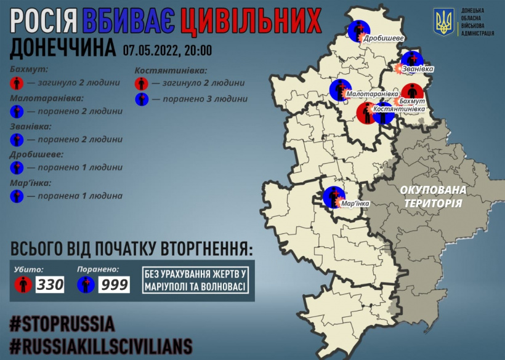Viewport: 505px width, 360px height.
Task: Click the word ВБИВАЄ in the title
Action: click(x=127, y=22)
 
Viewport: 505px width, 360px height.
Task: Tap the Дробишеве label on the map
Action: click(x=384, y=39)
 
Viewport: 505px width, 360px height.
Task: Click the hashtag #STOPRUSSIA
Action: click(x=63, y=322)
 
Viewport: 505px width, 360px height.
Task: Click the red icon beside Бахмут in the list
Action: click(x=17, y=82)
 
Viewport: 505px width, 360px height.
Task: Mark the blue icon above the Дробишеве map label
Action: click(x=357, y=30)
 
